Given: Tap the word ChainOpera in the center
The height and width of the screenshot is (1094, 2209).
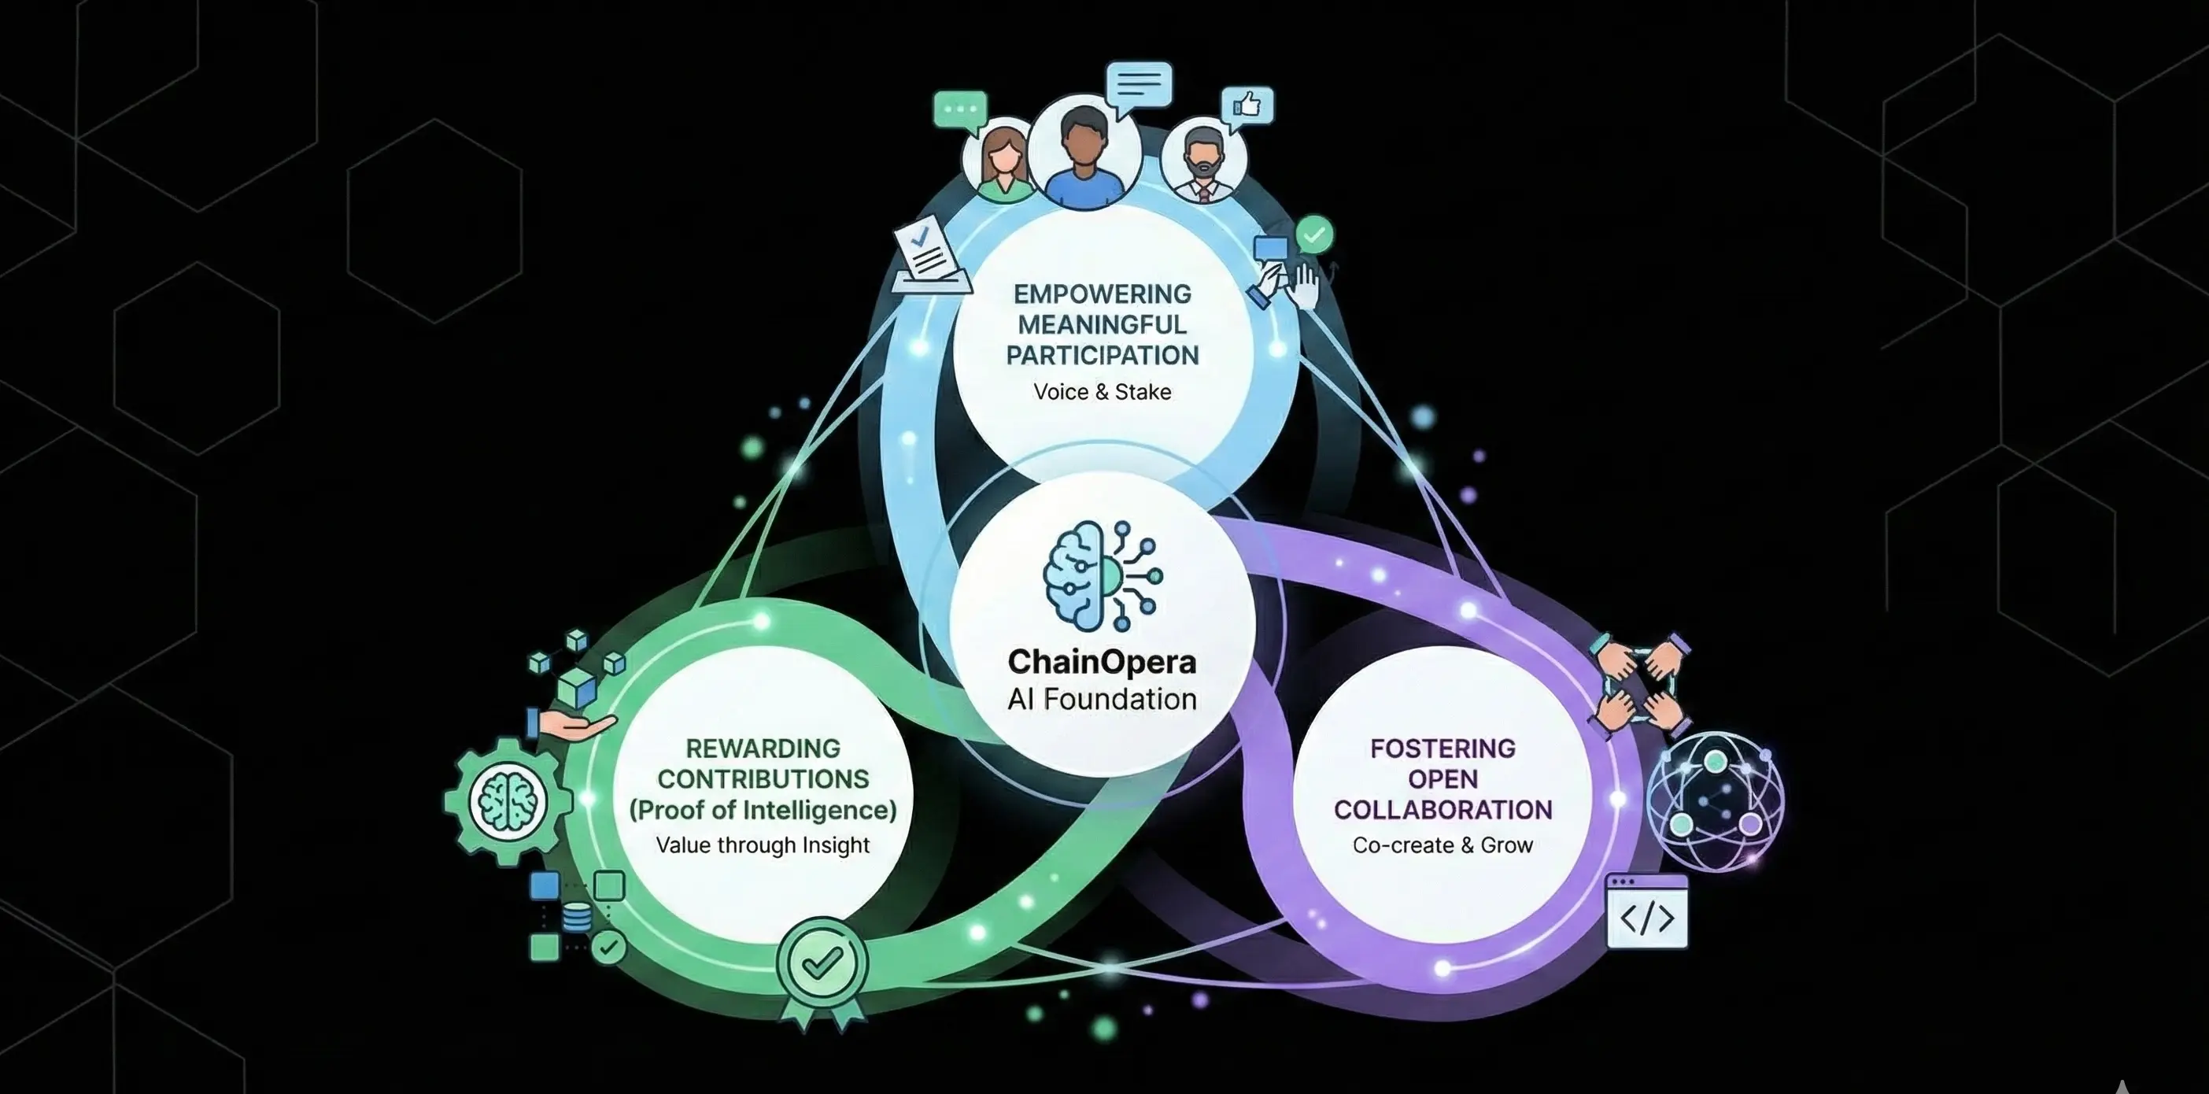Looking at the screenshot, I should pos(1102,662).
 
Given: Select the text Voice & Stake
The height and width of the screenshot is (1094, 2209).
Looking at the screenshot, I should pos(1102,392).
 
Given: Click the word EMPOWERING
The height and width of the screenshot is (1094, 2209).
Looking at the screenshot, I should pos(1102,294).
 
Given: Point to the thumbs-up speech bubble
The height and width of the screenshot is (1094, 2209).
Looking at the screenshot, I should pos(1247,107).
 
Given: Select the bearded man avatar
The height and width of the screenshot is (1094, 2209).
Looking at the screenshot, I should pos(1203,163).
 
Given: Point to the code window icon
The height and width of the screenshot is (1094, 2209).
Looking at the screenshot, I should pos(1646,912).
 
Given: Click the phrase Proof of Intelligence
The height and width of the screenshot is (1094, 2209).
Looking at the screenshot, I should pos(763,810).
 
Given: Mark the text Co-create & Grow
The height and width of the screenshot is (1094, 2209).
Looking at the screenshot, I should pos(1442,845).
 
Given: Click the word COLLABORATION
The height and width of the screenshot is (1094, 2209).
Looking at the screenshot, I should pos(1442,810).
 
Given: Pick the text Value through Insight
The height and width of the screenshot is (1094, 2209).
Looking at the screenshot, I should pos(763,845).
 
